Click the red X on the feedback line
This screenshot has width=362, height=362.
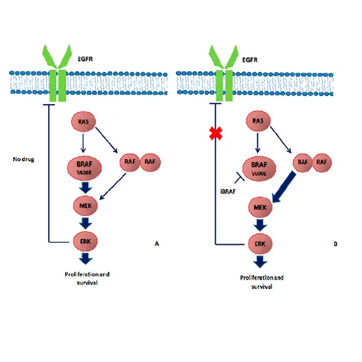coord(215,135)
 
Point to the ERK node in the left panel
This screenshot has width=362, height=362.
coord(87,242)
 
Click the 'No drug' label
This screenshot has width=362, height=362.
coord(24,159)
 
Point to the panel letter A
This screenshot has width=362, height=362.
coord(156,244)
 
